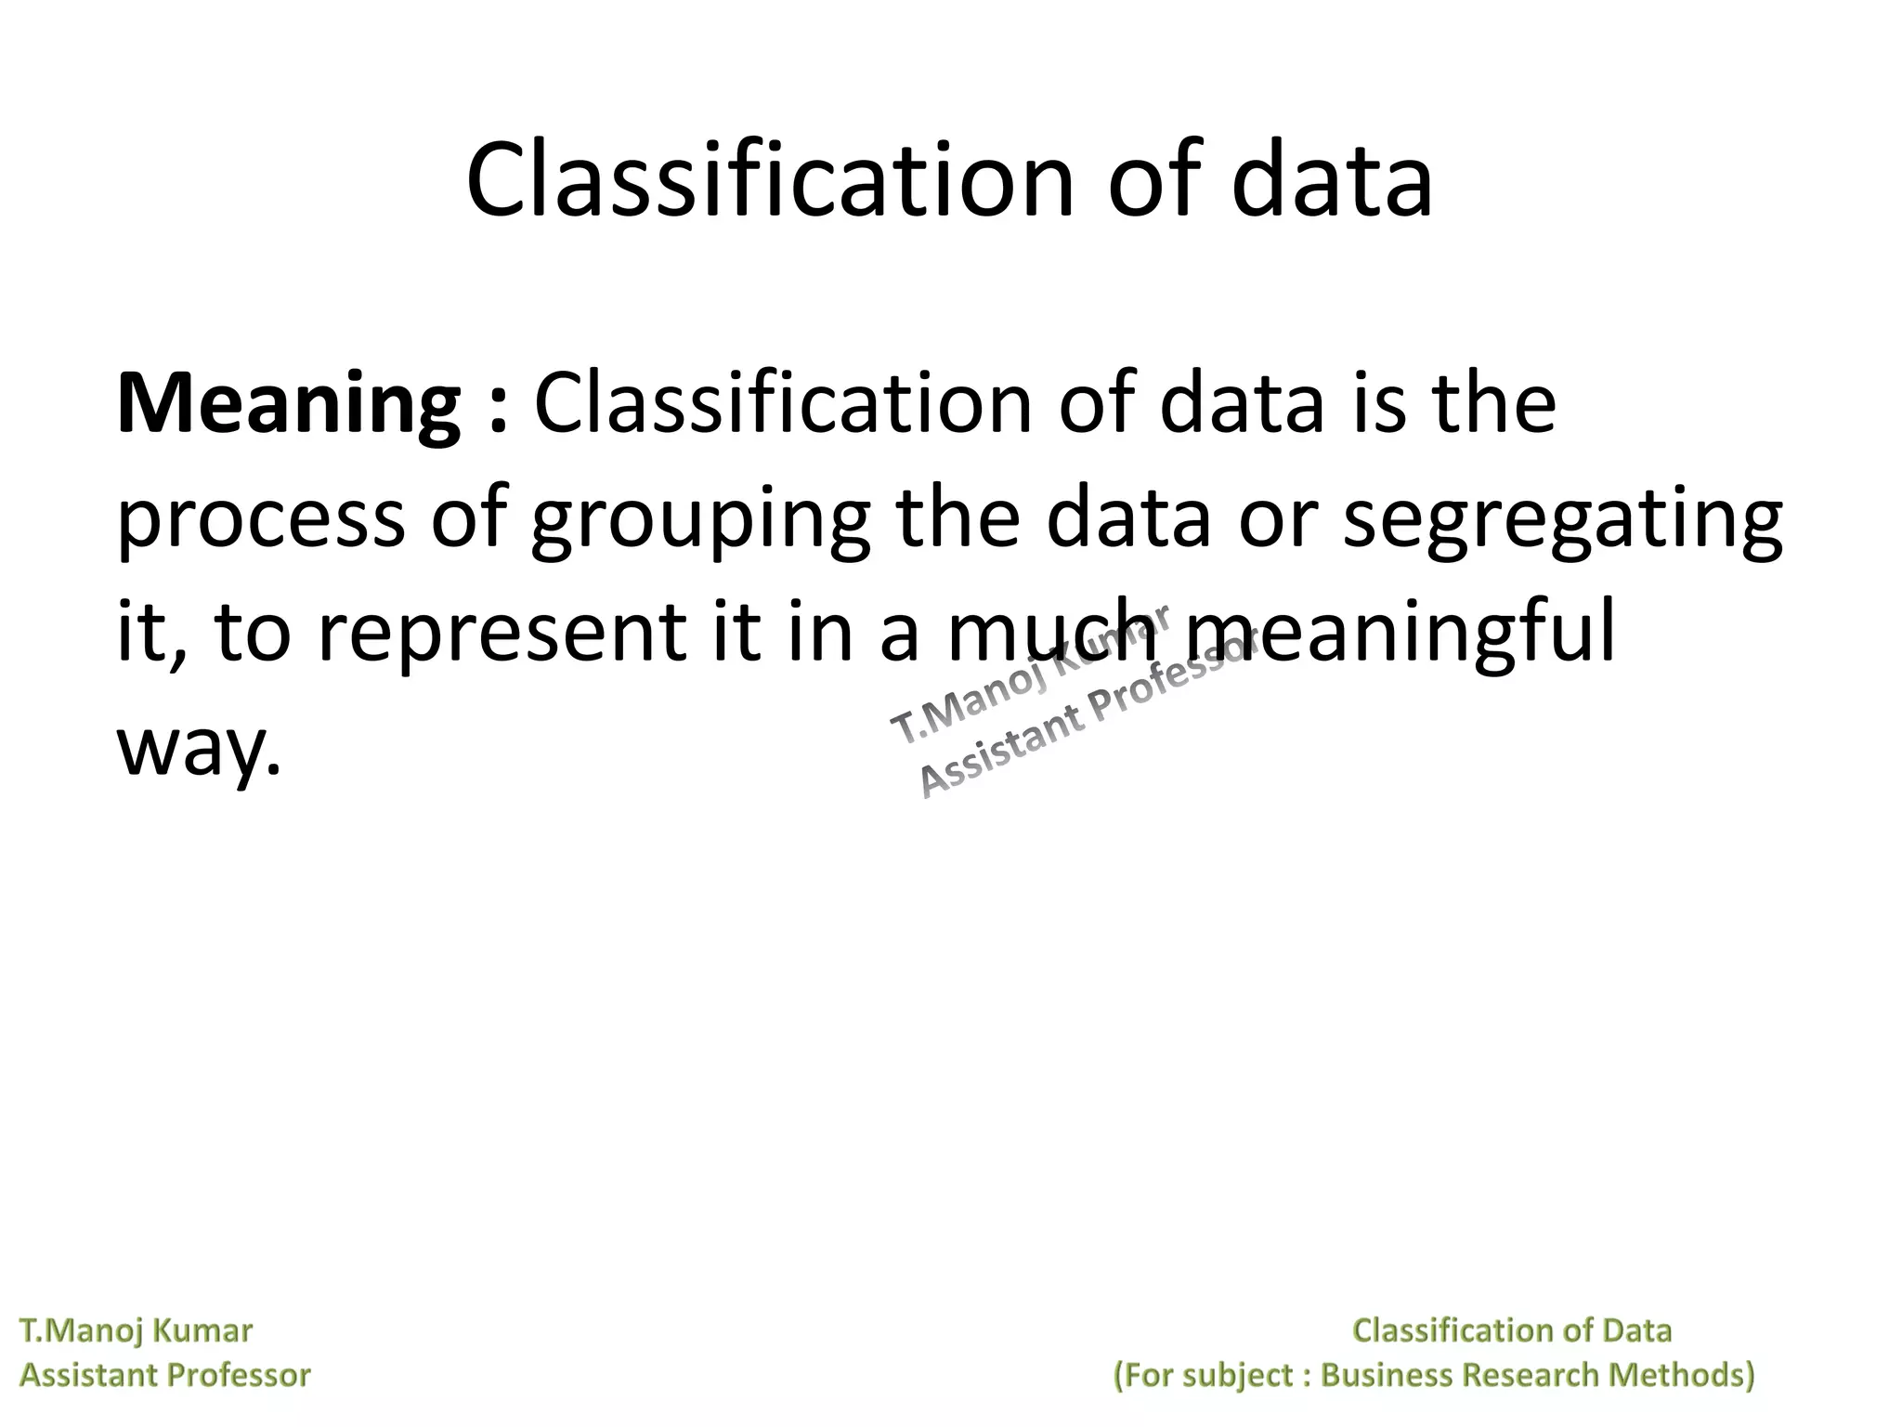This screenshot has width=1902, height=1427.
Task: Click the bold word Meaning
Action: tap(288, 406)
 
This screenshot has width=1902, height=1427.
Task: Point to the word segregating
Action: tap(1563, 520)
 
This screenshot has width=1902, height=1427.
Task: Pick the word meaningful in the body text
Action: tap(1400, 632)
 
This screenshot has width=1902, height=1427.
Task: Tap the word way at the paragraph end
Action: tap(196, 745)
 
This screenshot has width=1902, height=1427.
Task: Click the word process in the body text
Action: tap(261, 520)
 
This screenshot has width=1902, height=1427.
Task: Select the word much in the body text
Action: tap(1051, 632)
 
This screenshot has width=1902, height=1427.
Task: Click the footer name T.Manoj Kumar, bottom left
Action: tap(136, 1330)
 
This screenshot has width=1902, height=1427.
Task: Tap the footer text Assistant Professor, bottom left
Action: tap(165, 1374)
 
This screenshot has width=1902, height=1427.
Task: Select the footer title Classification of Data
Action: tap(1512, 1330)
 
